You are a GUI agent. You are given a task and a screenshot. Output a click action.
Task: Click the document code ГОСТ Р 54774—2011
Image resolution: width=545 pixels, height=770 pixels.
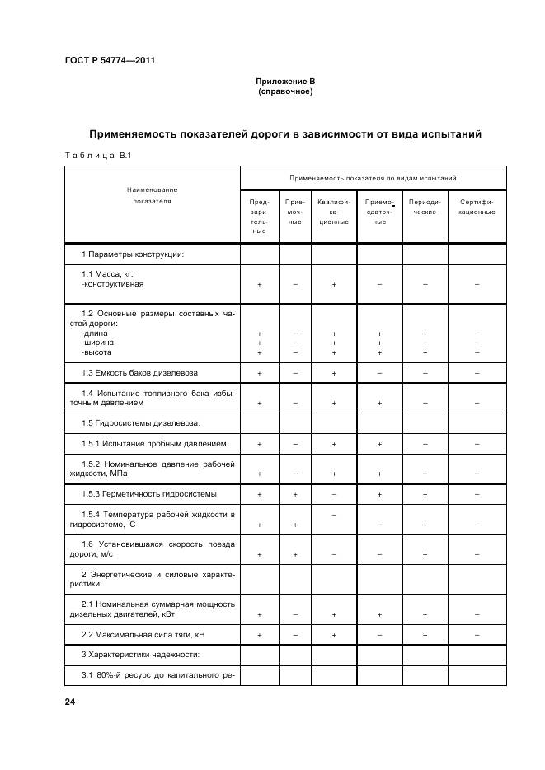[x=110, y=61]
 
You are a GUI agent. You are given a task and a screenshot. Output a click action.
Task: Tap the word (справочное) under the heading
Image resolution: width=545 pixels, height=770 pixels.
[x=284, y=91]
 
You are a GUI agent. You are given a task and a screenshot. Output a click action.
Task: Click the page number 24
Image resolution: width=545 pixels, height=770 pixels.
[x=69, y=701]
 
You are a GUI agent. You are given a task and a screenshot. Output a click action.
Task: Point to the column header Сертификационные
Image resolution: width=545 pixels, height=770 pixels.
[x=477, y=207]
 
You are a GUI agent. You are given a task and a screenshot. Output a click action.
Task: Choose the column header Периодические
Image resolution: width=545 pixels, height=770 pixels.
[x=425, y=207]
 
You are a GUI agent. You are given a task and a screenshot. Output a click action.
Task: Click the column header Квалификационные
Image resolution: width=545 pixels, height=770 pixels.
[x=333, y=212]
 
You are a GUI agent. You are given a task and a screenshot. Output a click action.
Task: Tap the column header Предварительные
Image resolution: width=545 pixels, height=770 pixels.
[x=259, y=216]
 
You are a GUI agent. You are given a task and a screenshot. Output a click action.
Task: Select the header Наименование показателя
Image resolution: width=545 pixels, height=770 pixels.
[x=152, y=195]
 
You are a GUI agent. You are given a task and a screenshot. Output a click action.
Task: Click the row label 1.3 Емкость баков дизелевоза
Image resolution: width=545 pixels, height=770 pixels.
[x=139, y=373]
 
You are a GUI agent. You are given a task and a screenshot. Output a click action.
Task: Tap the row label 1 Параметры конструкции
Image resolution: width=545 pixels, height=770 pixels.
[x=132, y=254]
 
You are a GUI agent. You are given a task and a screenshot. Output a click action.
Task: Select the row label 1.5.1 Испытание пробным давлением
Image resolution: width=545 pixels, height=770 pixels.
[x=153, y=444]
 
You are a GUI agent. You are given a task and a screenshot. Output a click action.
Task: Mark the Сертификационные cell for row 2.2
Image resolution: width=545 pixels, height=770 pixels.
[x=477, y=635]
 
